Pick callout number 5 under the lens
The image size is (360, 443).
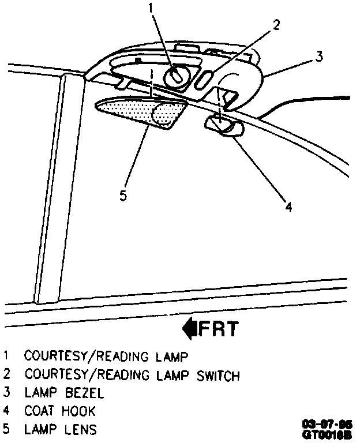click(123, 196)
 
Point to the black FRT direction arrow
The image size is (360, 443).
click(189, 329)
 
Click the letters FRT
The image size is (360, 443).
click(219, 329)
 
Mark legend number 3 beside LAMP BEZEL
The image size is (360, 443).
click(6, 394)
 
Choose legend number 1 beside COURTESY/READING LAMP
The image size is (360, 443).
click(6, 358)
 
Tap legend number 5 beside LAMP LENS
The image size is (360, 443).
click(6, 430)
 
